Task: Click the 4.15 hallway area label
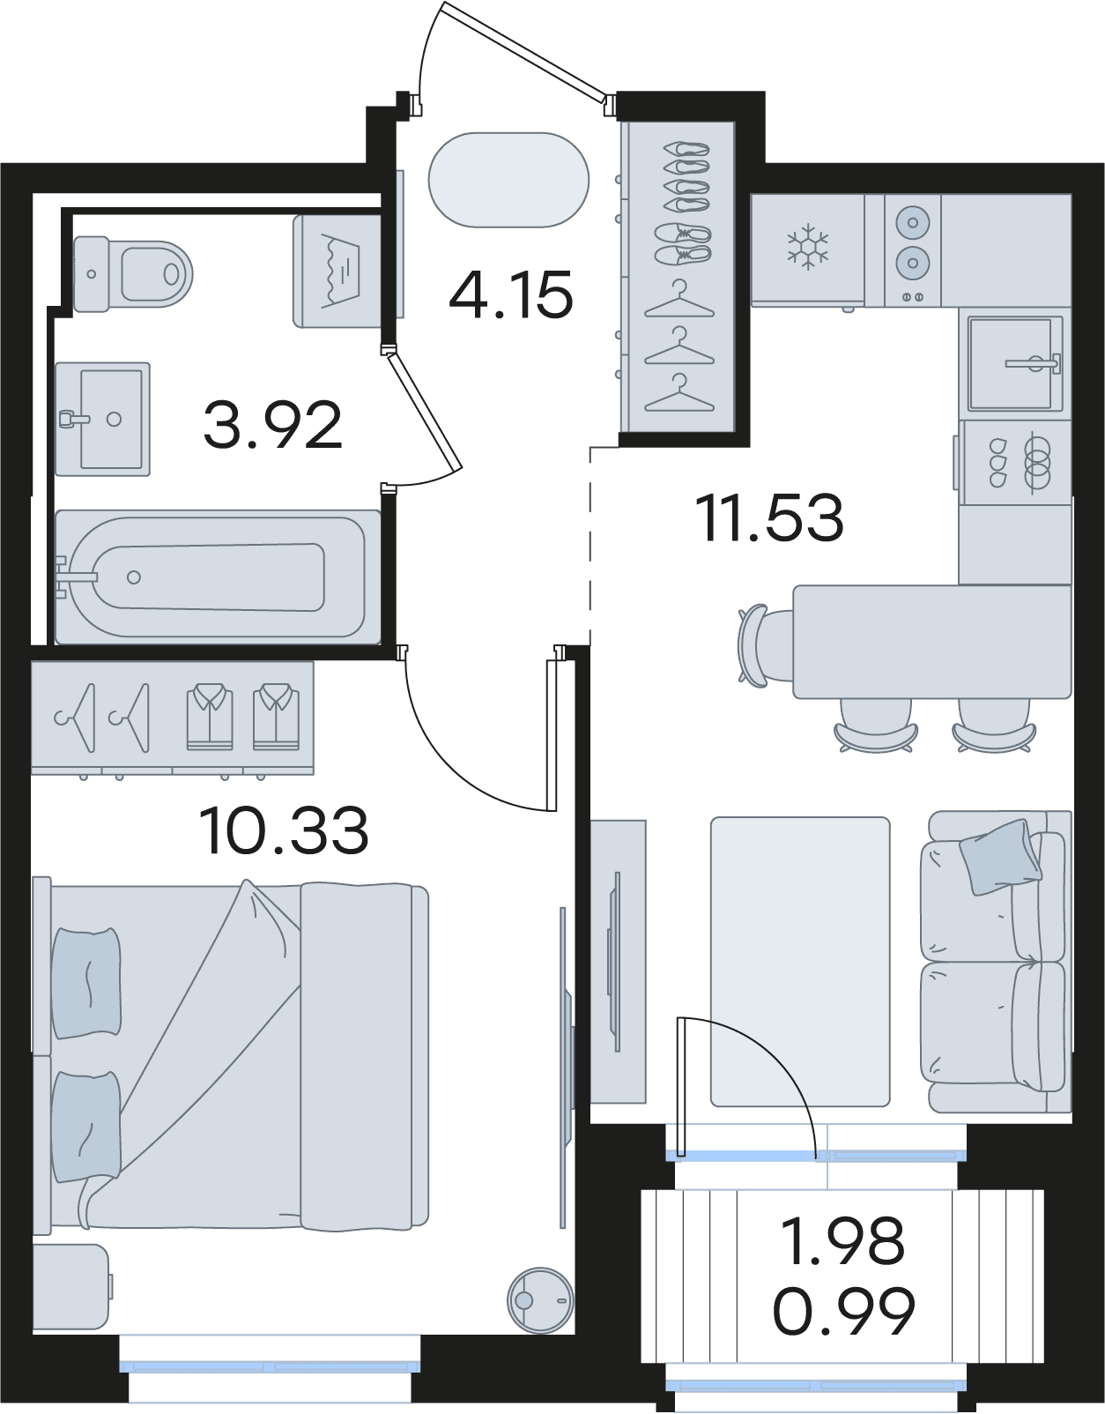511,294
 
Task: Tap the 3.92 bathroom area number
272,425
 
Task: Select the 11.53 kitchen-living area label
769,518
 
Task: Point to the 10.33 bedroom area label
284,830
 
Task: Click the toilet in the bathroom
133,274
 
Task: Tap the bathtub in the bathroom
218,577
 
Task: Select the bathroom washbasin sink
103,419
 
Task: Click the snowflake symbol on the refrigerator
807,247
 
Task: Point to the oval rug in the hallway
508,180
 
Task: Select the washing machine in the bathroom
337,271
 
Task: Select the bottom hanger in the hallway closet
679,394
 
